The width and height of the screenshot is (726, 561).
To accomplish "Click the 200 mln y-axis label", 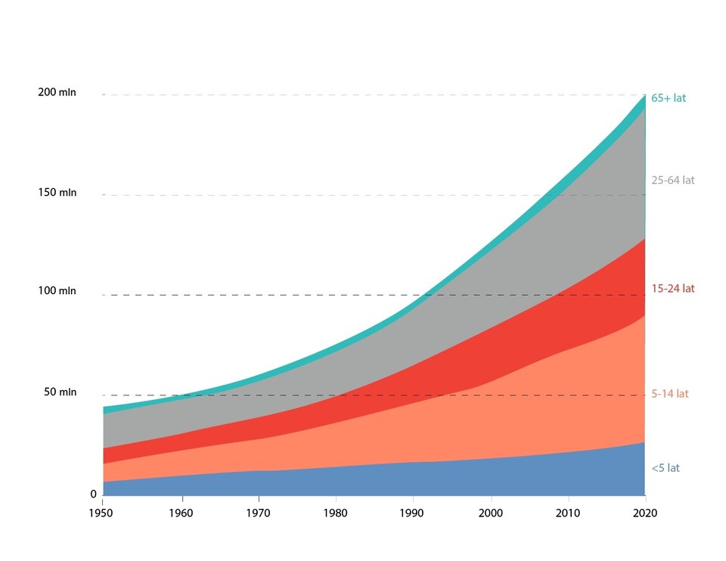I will click(57, 92).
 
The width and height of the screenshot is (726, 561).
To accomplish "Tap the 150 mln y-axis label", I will click(57, 193).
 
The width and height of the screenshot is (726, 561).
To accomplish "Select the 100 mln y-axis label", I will click(57, 291).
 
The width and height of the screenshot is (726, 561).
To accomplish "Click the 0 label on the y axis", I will click(94, 494).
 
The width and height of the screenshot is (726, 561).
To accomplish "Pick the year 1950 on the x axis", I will click(102, 513).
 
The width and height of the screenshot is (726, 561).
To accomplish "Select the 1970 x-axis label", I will click(258, 513).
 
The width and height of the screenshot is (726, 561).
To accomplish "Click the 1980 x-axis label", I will click(335, 513).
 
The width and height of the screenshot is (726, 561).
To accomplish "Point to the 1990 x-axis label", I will click(413, 513).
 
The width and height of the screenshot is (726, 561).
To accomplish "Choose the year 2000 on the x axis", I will click(491, 513).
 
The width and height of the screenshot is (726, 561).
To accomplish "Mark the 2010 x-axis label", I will click(568, 513).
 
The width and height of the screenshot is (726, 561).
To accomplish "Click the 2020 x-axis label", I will click(645, 513).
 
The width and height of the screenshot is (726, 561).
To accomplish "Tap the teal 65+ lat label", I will click(669, 98).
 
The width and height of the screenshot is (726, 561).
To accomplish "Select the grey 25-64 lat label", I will click(672, 180).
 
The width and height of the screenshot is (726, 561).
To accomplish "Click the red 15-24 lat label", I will click(672, 288).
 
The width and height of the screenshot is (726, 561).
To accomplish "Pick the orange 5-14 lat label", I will click(670, 394).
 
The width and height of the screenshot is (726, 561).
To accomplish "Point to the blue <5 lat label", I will click(665, 468).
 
